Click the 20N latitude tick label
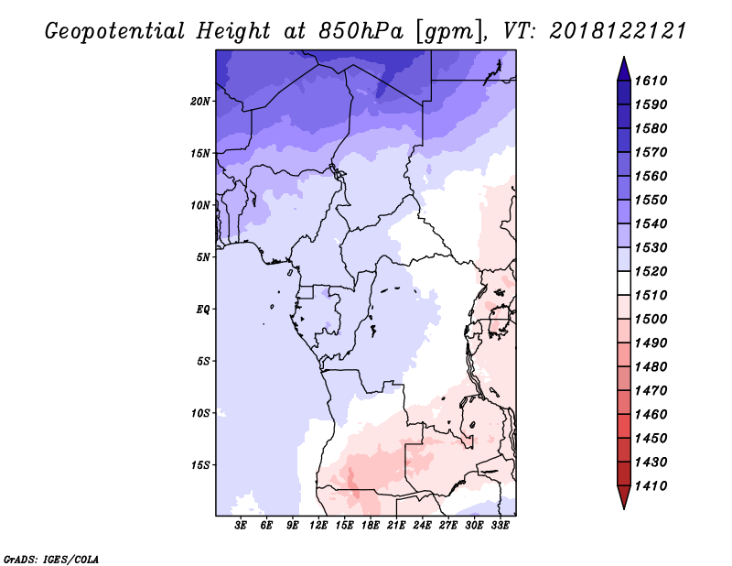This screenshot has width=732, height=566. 200,102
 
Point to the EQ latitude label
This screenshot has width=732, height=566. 203,310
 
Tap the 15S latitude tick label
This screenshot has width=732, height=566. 200,465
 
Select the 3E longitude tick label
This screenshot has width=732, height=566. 241,526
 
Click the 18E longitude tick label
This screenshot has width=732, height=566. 371,526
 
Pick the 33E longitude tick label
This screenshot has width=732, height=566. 500,526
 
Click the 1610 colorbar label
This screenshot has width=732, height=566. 651,81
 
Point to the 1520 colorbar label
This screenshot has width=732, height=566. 651,271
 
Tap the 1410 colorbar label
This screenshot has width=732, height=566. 651,486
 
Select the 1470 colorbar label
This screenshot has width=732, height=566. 651,391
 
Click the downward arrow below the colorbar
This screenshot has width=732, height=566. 624,497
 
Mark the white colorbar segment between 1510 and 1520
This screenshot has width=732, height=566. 624,283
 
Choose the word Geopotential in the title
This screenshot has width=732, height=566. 115,32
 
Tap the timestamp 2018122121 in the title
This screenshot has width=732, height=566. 618,31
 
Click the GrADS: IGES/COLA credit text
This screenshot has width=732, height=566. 51,560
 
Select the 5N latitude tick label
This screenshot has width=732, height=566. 203,257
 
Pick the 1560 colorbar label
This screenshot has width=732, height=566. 651,176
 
